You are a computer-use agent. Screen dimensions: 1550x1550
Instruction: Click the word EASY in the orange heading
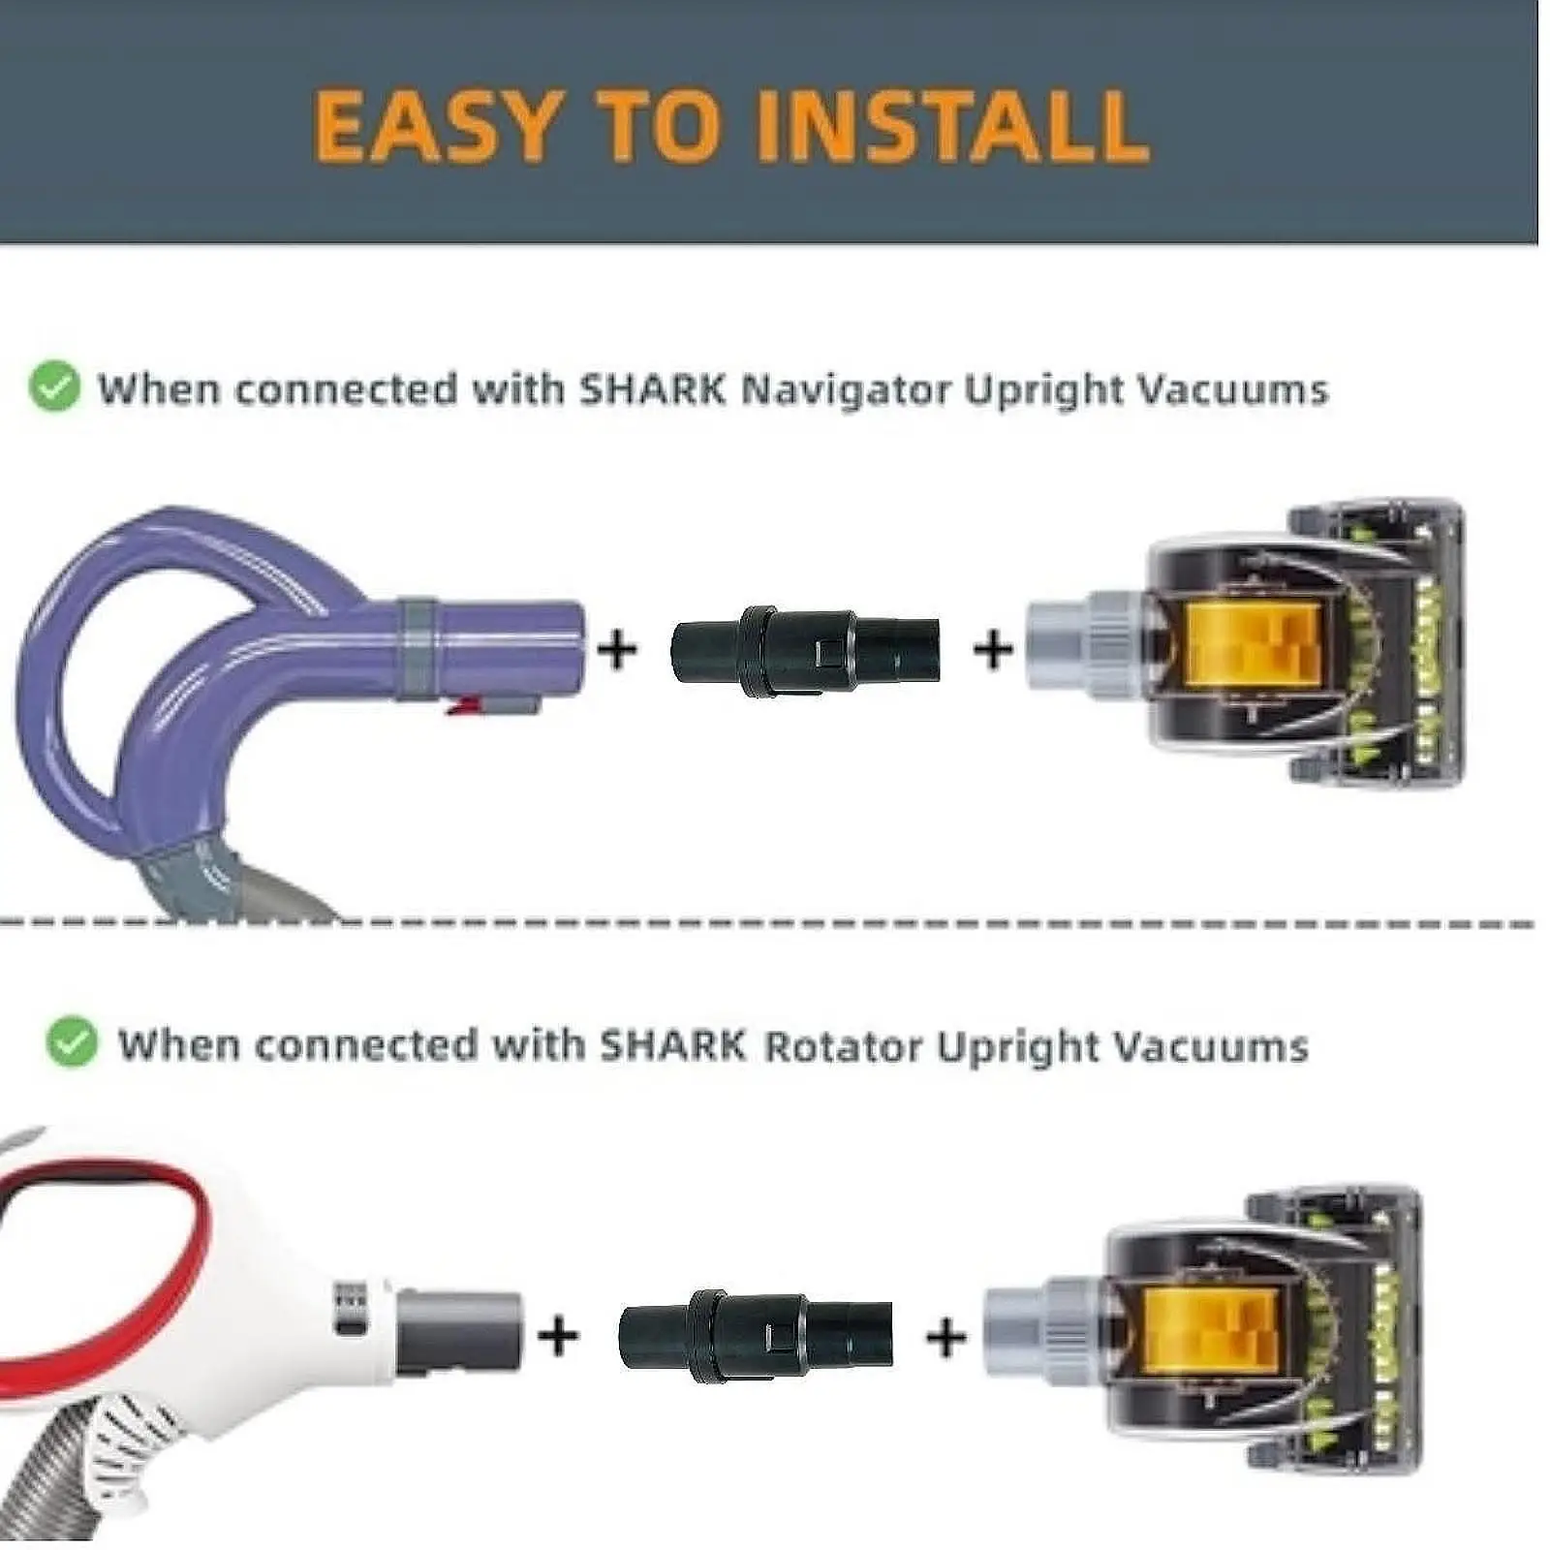[437, 125]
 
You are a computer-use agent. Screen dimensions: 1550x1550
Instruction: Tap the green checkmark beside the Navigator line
[54, 387]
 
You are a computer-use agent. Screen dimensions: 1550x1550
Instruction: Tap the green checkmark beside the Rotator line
[72, 1043]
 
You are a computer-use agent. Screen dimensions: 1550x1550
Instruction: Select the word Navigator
[846, 389]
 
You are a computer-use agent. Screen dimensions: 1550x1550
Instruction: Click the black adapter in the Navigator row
[804, 650]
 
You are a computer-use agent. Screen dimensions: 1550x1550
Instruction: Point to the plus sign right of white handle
[558, 1336]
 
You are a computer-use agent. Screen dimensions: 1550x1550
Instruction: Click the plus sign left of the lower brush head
[945, 1338]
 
